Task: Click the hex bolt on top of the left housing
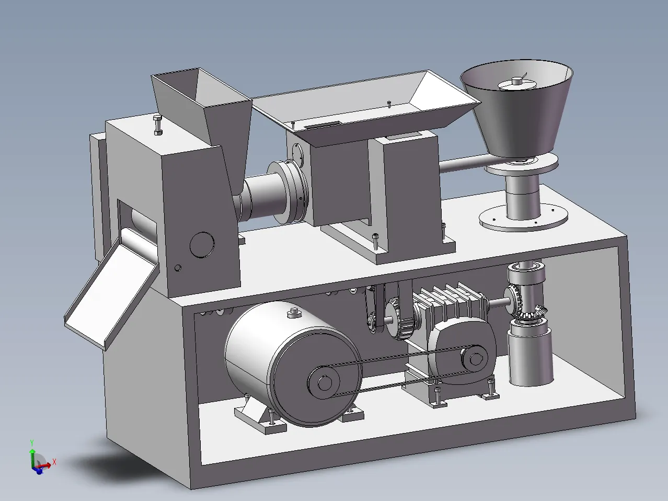click(158, 125)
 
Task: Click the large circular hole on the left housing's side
click(202, 245)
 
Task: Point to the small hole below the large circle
click(178, 268)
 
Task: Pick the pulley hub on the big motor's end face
click(324, 383)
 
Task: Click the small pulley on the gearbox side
click(475, 359)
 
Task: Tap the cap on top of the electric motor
click(294, 313)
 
